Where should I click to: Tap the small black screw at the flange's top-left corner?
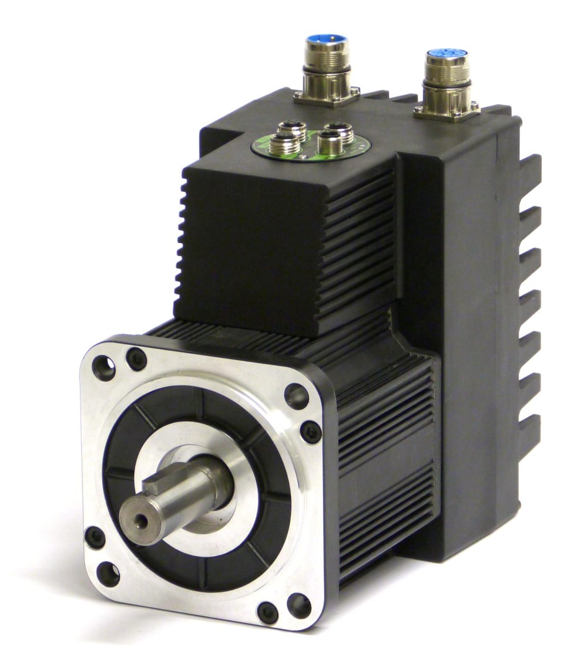136,358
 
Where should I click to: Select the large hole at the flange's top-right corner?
296,397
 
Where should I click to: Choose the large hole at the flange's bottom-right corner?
300,604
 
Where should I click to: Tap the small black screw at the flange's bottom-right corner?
268,614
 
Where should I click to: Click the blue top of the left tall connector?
326,42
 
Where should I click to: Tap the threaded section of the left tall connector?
327,56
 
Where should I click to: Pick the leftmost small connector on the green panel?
283,145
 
